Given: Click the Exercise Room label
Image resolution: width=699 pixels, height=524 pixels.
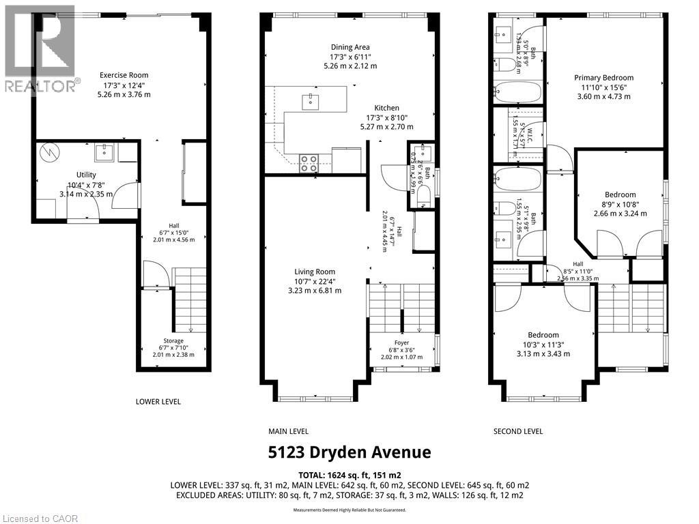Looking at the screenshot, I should (124, 75).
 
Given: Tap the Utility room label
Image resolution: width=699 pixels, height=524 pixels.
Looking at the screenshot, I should (86, 175).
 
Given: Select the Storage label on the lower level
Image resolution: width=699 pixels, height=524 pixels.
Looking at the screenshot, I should (173, 340).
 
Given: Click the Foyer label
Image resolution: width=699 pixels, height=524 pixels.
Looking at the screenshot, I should (401, 343).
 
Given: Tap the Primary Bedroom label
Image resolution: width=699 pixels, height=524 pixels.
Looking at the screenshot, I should (603, 78).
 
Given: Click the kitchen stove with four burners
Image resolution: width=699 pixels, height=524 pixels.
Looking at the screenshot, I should (309, 162).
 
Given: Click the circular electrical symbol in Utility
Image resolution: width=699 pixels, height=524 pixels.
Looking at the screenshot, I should (49, 154).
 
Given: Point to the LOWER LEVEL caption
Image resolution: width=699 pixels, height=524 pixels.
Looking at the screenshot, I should (158, 402).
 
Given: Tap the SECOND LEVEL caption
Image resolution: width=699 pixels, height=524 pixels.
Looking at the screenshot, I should (518, 431).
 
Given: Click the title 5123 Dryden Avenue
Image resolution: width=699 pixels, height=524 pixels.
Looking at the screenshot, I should (349, 452).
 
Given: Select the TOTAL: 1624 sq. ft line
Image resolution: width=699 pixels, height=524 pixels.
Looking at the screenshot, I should (349, 474).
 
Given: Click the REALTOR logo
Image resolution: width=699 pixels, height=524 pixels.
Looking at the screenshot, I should (39, 48).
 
